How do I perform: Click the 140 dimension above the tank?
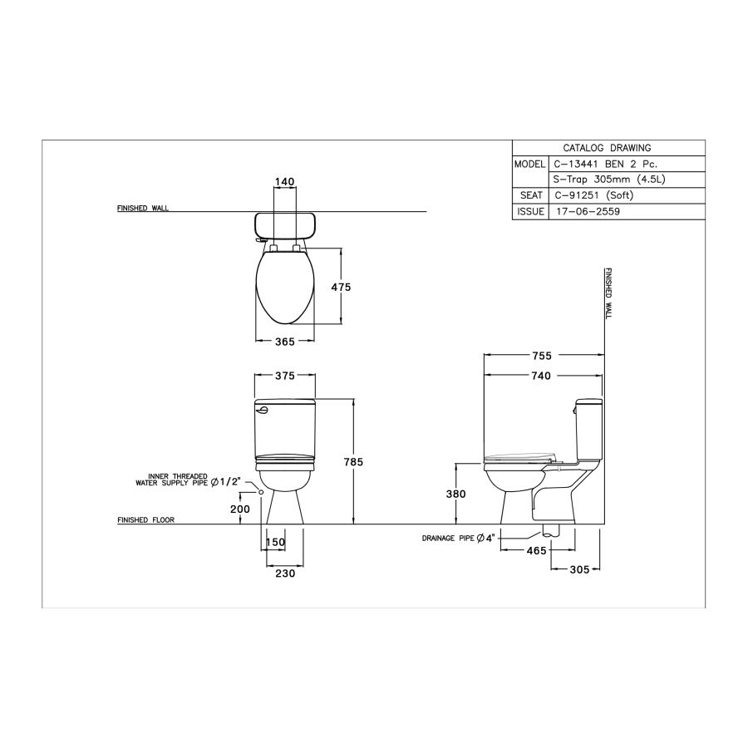[285, 181]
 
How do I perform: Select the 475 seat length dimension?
[341, 287]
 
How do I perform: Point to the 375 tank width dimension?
[285, 376]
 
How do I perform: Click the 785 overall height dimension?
[353, 461]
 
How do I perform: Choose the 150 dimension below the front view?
[275, 543]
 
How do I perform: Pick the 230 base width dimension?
[284, 573]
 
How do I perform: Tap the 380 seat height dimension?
[455, 494]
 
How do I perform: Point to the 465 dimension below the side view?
[535, 550]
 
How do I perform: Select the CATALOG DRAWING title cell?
[608, 148]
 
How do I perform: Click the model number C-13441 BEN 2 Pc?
[603, 164]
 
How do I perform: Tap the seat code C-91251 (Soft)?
[592, 195]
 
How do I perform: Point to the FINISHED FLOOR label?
[145, 520]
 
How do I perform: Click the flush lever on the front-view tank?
[262, 407]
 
